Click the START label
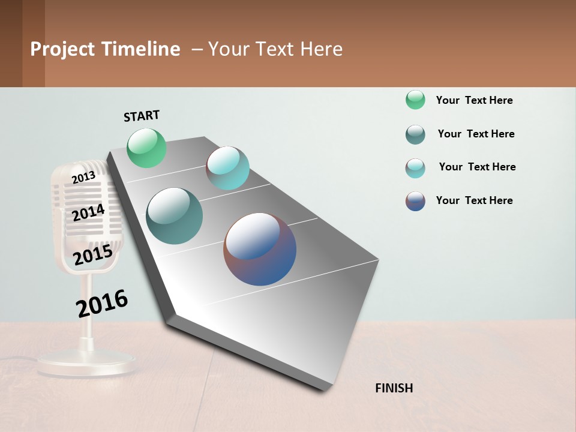pos(142,116)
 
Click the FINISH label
pos(394,388)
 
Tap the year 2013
pos(83,177)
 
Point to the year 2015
pos(93,255)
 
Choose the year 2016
pos(102,303)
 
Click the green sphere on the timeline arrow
pos(146,148)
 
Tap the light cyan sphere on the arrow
pos(227,167)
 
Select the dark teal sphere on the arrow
pos(174,216)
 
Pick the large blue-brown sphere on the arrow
pos(260,249)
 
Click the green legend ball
pos(415,100)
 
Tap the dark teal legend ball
pos(415,134)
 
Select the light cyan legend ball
pos(415,168)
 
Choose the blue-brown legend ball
pos(415,201)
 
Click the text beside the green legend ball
pos(474,100)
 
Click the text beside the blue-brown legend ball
pos(474,200)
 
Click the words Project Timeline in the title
pos(105,49)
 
